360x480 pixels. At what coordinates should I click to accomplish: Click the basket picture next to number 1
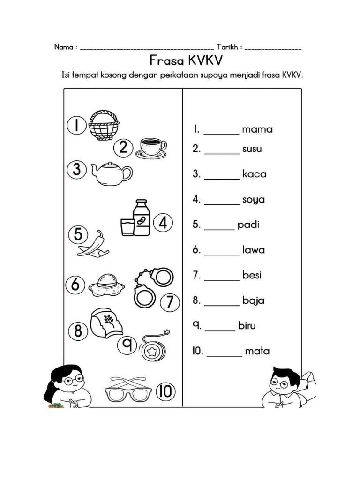[104, 125]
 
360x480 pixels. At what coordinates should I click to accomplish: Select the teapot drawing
[112, 173]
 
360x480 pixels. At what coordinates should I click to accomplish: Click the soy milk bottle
[141, 218]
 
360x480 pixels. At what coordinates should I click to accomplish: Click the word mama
[257, 129]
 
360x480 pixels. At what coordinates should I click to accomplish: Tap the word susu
[252, 150]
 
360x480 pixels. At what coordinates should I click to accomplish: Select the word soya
[254, 200]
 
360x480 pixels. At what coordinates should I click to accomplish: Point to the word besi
[252, 275]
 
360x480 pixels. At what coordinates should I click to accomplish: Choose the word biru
[247, 326]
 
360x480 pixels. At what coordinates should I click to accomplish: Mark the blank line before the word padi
[219, 229]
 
